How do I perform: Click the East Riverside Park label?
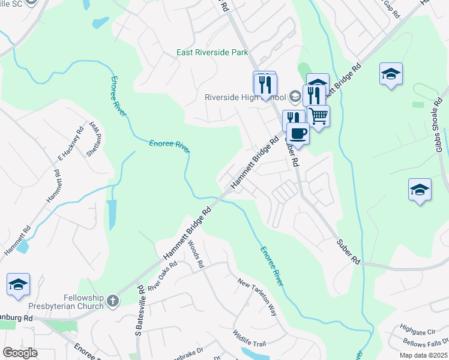coord(212,53)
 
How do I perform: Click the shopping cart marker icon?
coord(318,115)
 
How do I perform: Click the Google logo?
coord(20,353)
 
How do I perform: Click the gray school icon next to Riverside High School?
coord(295,96)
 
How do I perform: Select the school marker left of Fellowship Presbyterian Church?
coord(18,284)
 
